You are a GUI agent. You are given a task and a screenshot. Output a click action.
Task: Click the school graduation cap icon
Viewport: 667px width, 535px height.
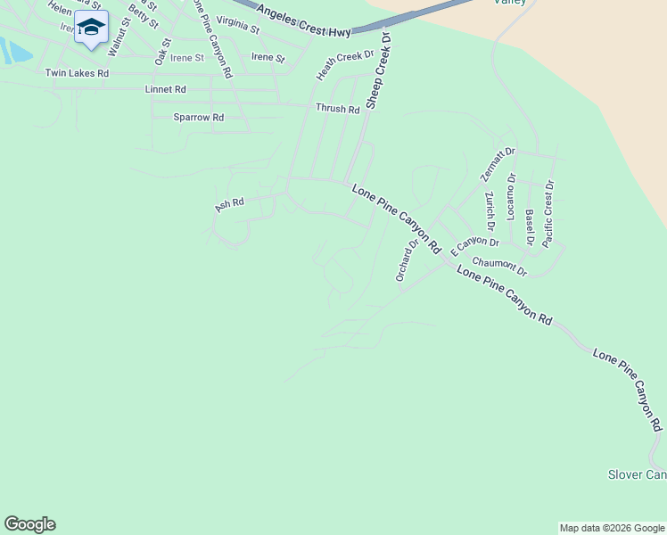90,29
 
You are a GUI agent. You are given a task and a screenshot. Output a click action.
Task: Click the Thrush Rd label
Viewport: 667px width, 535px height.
337,109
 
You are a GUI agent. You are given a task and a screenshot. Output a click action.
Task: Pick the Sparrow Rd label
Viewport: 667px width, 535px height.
198,117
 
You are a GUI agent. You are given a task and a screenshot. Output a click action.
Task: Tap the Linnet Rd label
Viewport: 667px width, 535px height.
165,90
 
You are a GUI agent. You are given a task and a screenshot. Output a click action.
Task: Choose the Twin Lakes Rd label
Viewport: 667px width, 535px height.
77,73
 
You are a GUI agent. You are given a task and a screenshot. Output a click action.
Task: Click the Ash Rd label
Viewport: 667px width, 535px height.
229,204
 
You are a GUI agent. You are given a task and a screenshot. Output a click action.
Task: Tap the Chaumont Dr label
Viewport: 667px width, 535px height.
499,265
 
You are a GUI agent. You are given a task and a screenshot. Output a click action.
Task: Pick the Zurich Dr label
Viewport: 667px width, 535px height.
490,208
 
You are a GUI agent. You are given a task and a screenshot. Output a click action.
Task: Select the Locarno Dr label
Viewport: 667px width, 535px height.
511,195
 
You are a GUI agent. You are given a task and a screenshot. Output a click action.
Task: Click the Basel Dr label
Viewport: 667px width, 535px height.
530,226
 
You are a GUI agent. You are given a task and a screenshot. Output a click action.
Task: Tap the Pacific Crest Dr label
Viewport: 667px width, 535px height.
548,214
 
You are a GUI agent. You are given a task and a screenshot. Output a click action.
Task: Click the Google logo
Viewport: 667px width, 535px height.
29,524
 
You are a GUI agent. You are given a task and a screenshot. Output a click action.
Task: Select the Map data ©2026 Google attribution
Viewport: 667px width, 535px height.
612,528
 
